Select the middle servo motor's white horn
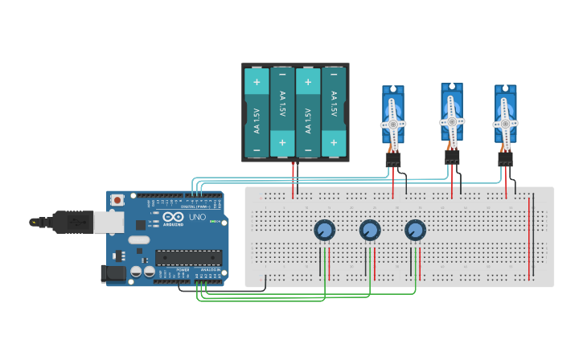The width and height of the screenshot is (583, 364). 452,121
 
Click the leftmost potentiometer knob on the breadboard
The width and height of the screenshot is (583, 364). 324,231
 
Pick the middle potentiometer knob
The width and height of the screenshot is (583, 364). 370,231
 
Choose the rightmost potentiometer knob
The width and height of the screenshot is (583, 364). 415,231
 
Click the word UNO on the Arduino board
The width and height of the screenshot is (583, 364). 197,218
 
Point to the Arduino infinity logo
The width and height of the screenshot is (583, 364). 174,217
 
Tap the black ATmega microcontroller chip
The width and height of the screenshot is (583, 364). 187,257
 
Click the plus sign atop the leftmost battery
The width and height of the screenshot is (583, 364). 257,82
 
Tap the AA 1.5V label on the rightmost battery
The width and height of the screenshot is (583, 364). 333,105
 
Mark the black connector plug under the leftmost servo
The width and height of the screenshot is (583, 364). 392,161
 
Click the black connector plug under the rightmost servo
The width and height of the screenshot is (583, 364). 505,160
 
